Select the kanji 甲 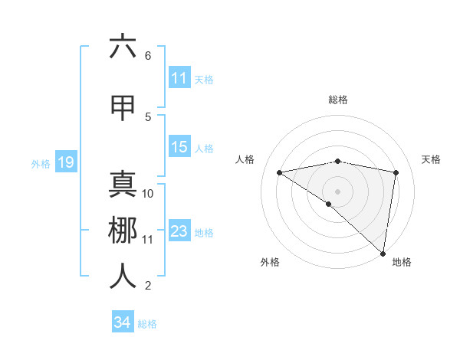tap(123, 107)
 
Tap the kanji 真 tap(123, 185)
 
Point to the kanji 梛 tap(123, 231)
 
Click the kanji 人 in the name tap(123, 277)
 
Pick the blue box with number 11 tap(179, 78)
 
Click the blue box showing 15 tap(179, 147)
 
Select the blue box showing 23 tap(179, 231)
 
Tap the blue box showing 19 tap(65, 162)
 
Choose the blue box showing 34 tap(122, 322)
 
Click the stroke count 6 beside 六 tap(147, 56)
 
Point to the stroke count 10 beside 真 tap(148, 194)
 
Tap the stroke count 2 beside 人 tap(147, 286)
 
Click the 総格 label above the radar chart tap(337, 100)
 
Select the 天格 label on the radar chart tap(431, 159)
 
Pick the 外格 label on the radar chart tap(270, 262)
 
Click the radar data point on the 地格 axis tap(383, 253)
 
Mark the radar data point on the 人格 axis tap(280, 172)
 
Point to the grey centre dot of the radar tap(337, 191)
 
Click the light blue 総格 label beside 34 tap(147, 324)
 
